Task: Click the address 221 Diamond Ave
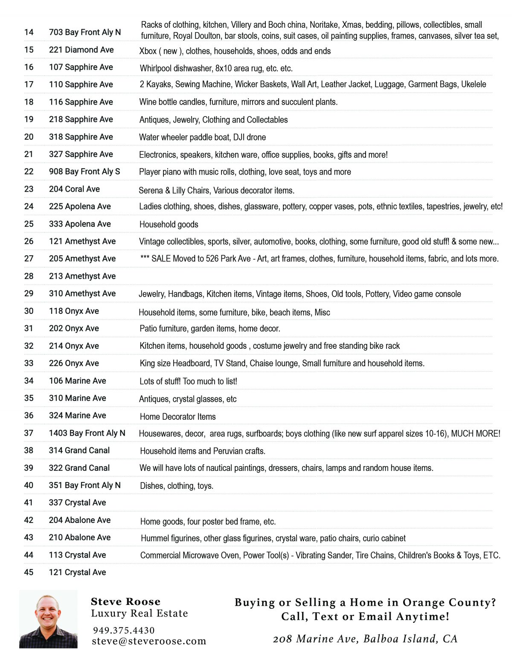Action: (81, 50)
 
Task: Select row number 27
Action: (29, 259)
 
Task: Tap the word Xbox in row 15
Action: (148, 51)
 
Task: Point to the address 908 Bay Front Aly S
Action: (84, 172)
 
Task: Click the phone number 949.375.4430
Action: (124, 630)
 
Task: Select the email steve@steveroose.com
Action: (149, 641)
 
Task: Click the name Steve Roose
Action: (125, 602)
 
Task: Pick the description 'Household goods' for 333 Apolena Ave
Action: (169, 225)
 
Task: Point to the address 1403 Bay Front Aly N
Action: (87, 433)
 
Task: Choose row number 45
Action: (29, 572)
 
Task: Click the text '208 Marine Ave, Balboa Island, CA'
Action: (365, 639)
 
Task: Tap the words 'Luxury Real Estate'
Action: (139, 613)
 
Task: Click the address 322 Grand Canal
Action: (79, 468)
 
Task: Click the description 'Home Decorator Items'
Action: (177, 417)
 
